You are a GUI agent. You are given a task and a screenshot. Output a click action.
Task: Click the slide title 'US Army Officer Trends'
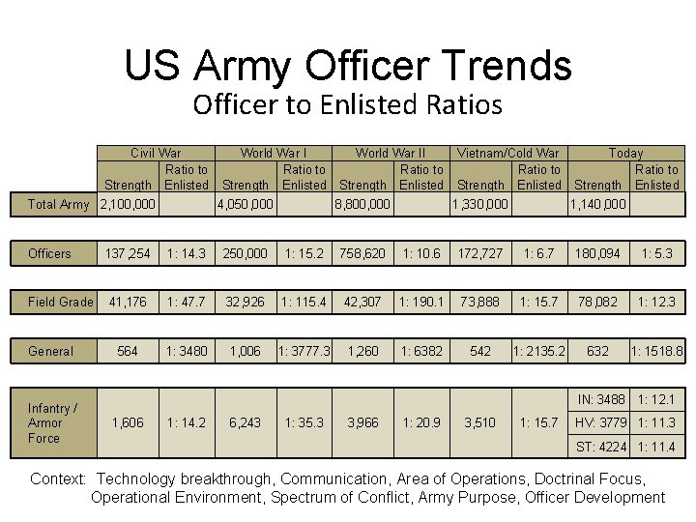[348, 66]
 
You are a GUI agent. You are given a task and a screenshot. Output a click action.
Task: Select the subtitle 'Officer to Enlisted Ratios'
[347, 104]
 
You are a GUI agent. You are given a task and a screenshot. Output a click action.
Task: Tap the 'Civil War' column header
[156, 153]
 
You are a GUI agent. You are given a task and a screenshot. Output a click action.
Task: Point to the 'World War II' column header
[391, 153]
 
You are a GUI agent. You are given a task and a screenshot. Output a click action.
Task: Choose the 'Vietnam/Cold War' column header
[507, 153]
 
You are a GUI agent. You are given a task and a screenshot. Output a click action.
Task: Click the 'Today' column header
[625, 153]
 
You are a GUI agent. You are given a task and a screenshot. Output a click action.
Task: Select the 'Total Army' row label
[59, 204]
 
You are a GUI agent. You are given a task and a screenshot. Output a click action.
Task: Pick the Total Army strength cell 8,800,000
[362, 204]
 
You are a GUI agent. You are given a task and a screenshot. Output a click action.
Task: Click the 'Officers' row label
[49, 253]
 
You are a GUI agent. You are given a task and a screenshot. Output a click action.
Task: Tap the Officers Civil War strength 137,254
[128, 253]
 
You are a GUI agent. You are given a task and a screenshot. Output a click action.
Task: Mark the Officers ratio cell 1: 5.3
[656, 253]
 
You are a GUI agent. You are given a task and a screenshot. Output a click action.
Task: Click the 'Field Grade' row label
[61, 302]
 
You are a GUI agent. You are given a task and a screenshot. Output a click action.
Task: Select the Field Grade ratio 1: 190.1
[421, 302]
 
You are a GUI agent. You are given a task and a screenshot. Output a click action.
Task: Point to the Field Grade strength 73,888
[480, 302]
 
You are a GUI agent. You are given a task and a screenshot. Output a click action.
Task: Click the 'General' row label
[50, 351]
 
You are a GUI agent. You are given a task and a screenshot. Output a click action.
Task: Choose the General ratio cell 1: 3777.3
[304, 351]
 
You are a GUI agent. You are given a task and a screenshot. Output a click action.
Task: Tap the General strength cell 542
[480, 351]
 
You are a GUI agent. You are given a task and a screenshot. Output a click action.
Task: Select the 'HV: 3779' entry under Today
[599, 422]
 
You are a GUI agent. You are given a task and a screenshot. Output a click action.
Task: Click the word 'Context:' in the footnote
[60, 478]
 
